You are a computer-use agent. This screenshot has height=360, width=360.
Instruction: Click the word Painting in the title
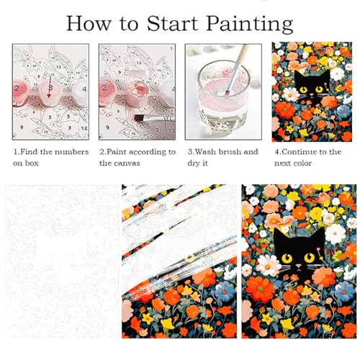pos(250,24)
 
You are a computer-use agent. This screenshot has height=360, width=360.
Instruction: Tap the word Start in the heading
pos(172,23)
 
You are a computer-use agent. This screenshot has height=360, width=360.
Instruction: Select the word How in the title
pos(89,23)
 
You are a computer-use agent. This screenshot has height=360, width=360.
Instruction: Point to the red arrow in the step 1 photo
pos(50,87)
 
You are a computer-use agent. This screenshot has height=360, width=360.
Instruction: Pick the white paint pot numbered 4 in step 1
pos(81,91)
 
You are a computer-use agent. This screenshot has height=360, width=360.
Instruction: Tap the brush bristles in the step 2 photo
pos(139,118)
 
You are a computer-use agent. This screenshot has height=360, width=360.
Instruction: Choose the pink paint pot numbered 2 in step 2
pos(107,91)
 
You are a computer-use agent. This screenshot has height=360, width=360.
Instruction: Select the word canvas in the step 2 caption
pos(126,163)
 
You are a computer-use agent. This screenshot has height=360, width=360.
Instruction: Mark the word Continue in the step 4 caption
pos(296,152)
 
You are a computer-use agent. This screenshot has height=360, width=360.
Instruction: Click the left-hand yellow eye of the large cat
pos(287,258)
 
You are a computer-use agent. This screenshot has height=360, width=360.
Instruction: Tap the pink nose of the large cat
pos(298,266)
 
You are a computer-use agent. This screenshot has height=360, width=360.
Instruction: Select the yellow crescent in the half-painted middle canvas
pos(190,258)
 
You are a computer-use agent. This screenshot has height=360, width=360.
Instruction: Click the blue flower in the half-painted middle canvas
pos(224,290)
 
